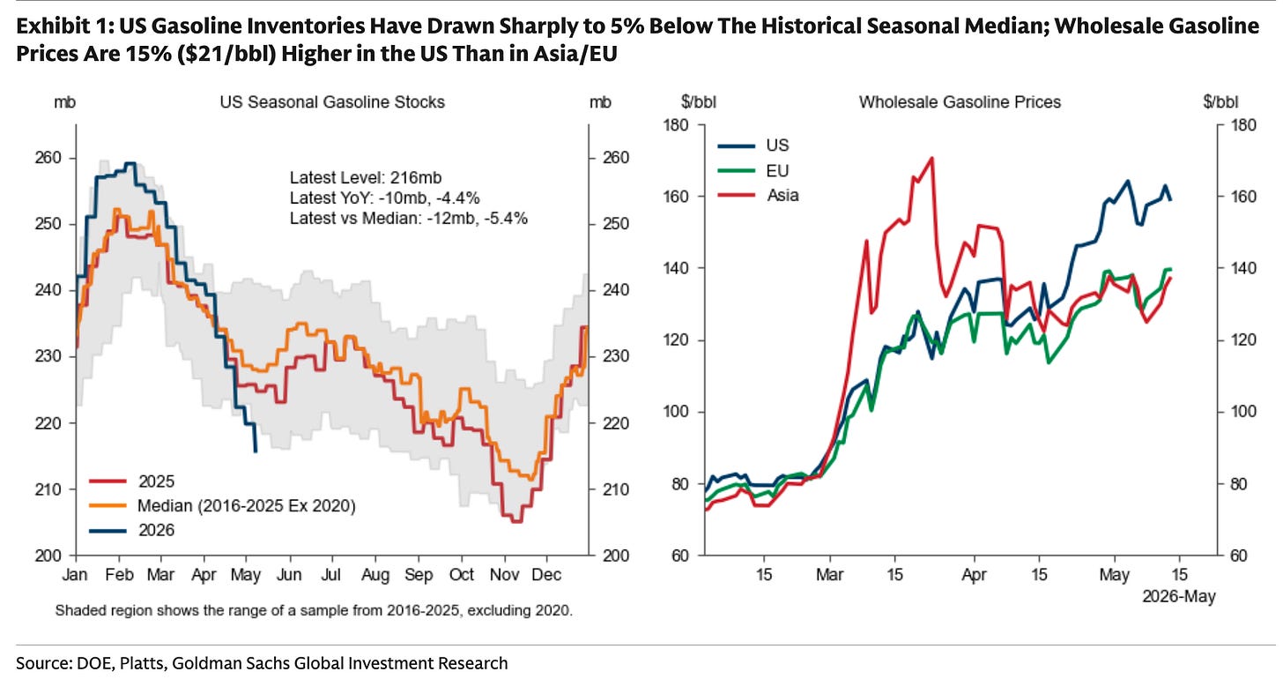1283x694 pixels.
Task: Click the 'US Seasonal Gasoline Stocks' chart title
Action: (x=332, y=102)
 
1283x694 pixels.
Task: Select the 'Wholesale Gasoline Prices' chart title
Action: (x=960, y=102)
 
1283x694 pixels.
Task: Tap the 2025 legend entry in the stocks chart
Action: (x=132, y=481)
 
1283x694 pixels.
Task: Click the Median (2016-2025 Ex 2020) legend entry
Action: (x=222, y=506)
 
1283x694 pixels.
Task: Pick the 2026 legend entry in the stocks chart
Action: (x=132, y=530)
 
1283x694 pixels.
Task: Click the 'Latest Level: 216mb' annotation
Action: (x=366, y=177)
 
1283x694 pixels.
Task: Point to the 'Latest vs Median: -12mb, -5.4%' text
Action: (x=408, y=219)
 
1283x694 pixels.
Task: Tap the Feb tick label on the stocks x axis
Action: (x=119, y=575)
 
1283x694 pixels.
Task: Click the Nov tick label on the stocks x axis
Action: (x=504, y=575)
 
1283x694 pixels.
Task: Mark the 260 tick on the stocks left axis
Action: (x=48, y=158)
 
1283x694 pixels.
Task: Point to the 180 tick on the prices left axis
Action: (x=676, y=125)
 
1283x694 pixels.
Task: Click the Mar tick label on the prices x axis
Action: (x=829, y=574)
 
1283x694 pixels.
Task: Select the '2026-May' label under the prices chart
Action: (x=1179, y=597)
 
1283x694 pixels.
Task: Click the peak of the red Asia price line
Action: (x=932, y=158)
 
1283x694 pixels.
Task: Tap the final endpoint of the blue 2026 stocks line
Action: (x=256, y=452)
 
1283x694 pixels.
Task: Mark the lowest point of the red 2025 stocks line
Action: (x=516, y=521)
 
